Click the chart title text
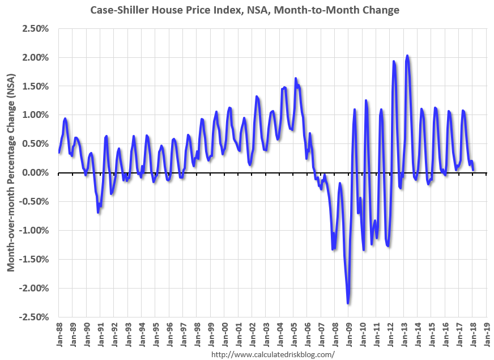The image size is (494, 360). pos(244,10)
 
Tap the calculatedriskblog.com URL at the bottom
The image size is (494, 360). pos(272,354)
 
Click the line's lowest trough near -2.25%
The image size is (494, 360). pos(348,303)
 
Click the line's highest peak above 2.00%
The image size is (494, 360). pos(407,56)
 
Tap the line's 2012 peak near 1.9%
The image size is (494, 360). pos(394,61)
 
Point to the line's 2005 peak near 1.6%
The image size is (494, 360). pos(296,79)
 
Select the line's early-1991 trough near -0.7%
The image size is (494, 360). pos(98,212)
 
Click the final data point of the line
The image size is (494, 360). pos(473,170)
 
